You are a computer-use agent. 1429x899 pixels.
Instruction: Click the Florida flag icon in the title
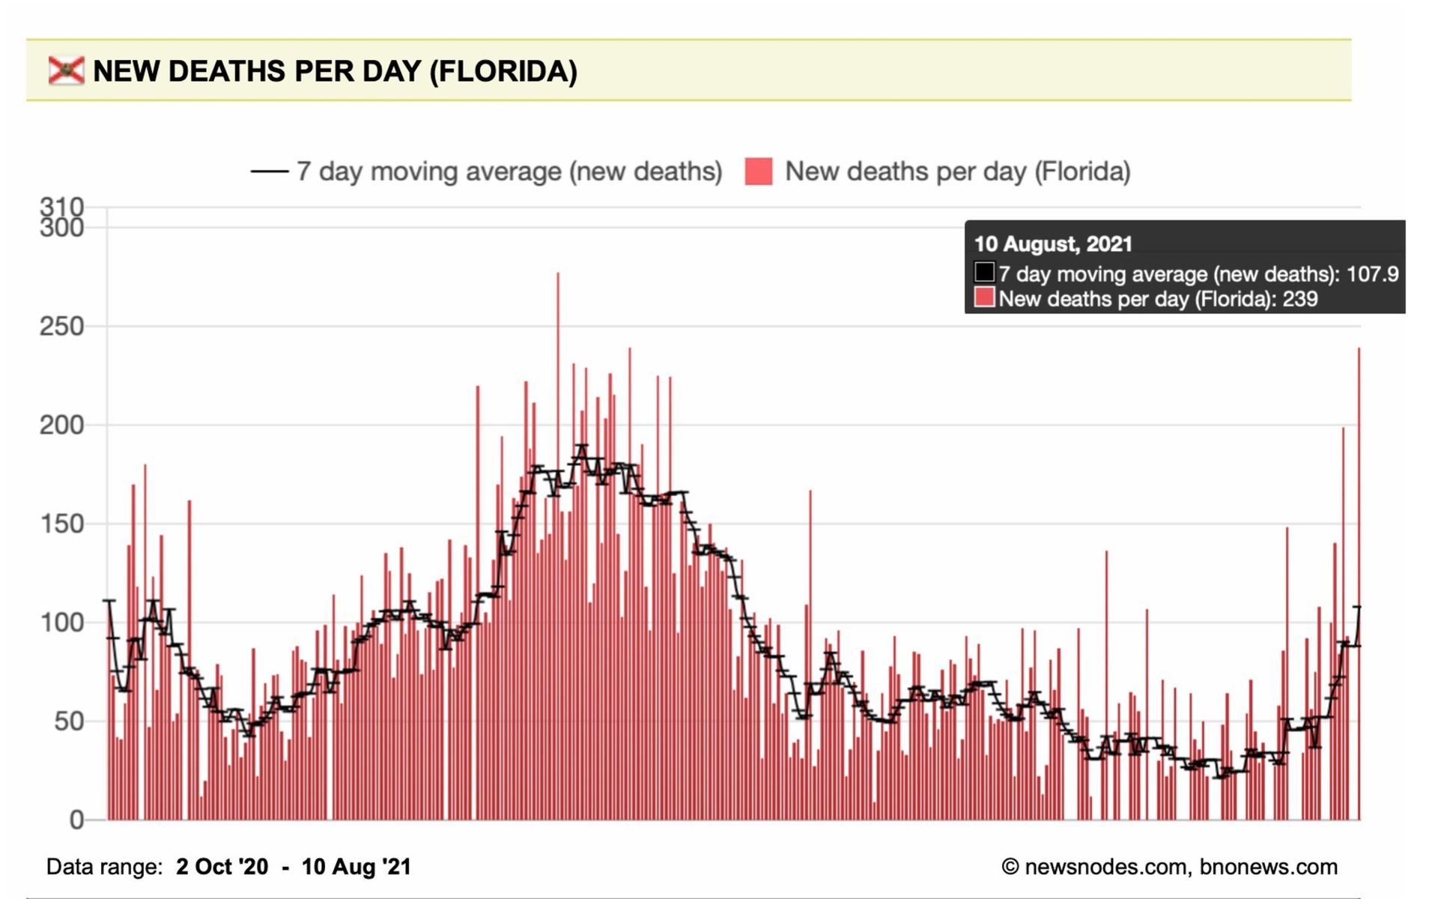click(66, 70)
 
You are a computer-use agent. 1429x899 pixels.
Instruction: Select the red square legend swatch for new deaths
click(758, 172)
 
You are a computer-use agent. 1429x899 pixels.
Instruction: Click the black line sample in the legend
click(269, 172)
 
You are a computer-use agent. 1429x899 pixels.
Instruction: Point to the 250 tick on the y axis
click(61, 327)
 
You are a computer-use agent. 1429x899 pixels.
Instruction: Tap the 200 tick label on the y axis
click(61, 426)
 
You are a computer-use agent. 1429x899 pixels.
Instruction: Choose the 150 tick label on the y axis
click(61, 524)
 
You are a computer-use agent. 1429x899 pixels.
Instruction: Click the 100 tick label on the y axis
click(61, 623)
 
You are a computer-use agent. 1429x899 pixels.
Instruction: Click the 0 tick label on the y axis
click(76, 820)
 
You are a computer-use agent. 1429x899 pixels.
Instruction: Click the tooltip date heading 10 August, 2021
click(1052, 244)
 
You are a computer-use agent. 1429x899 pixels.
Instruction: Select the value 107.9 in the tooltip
click(1372, 274)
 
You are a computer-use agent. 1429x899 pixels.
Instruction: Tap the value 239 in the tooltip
click(1299, 299)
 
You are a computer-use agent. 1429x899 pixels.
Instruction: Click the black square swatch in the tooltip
click(984, 272)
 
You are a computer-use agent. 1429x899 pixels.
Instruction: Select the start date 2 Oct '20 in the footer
click(222, 867)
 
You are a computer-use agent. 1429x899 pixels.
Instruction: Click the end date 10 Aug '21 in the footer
click(357, 867)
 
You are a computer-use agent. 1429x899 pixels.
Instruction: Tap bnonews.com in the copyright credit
click(1268, 867)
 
